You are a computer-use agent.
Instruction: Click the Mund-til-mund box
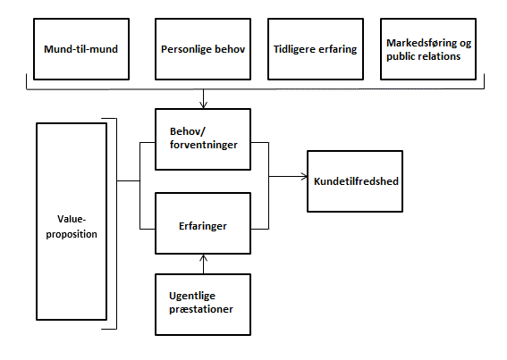[x=81, y=49]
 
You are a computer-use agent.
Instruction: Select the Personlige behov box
[x=203, y=49]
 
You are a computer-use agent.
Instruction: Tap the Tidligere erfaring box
[x=316, y=49]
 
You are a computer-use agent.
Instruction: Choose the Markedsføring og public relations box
[x=428, y=49]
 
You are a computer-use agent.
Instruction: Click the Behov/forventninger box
[x=203, y=139]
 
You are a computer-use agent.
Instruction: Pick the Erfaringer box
[x=203, y=223]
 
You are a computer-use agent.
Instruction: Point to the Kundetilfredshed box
[x=355, y=181]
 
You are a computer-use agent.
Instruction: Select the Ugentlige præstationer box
[x=203, y=305]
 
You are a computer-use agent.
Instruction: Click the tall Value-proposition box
[x=72, y=222]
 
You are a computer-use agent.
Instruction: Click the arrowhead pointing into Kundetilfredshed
[x=304, y=177]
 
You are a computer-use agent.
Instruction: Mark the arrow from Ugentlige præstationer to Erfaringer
[x=203, y=264]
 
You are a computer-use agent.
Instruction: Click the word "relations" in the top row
[x=442, y=56]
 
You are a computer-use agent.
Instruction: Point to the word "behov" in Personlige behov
[x=230, y=49]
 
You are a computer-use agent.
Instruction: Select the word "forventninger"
[x=204, y=145]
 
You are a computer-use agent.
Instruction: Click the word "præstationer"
[x=201, y=310]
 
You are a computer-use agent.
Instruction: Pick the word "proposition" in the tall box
[x=72, y=234]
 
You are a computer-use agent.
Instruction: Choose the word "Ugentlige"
[x=192, y=297]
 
